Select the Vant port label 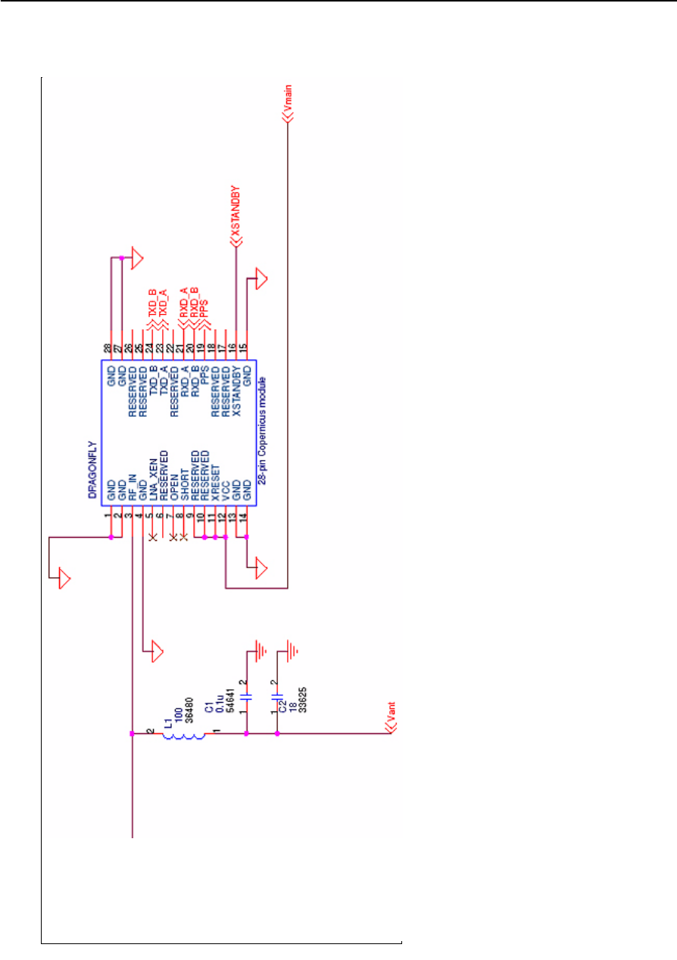pyautogui.click(x=389, y=715)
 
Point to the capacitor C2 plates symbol pyautogui.click(x=277, y=697)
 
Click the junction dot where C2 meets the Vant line pyautogui.click(x=277, y=734)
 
